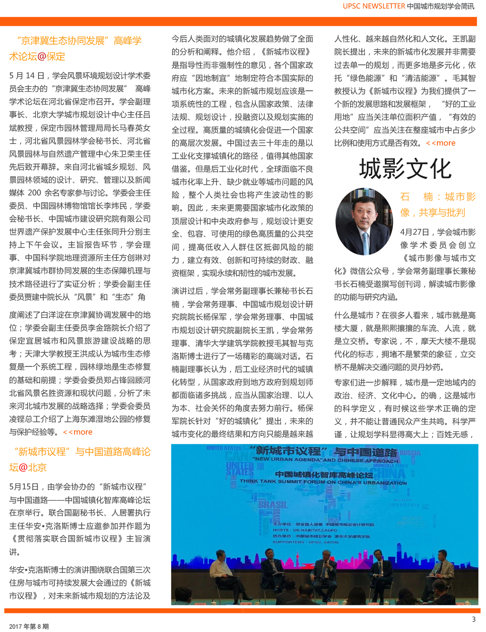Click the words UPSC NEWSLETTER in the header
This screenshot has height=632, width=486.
point(373,6)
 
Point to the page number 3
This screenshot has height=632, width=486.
point(473,619)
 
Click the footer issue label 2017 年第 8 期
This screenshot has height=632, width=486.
point(29,626)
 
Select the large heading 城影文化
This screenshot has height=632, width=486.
point(405,169)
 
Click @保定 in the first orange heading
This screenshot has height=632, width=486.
point(51,57)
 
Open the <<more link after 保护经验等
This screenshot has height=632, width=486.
point(78,432)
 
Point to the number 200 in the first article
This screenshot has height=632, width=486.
point(34,193)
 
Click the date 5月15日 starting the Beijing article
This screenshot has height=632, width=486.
point(24,487)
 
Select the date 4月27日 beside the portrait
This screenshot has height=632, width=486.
point(415,232)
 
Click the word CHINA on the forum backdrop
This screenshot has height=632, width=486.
point(391,473)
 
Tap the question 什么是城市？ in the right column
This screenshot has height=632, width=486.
point(356,315)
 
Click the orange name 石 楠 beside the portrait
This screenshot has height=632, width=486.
point(416,197)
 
